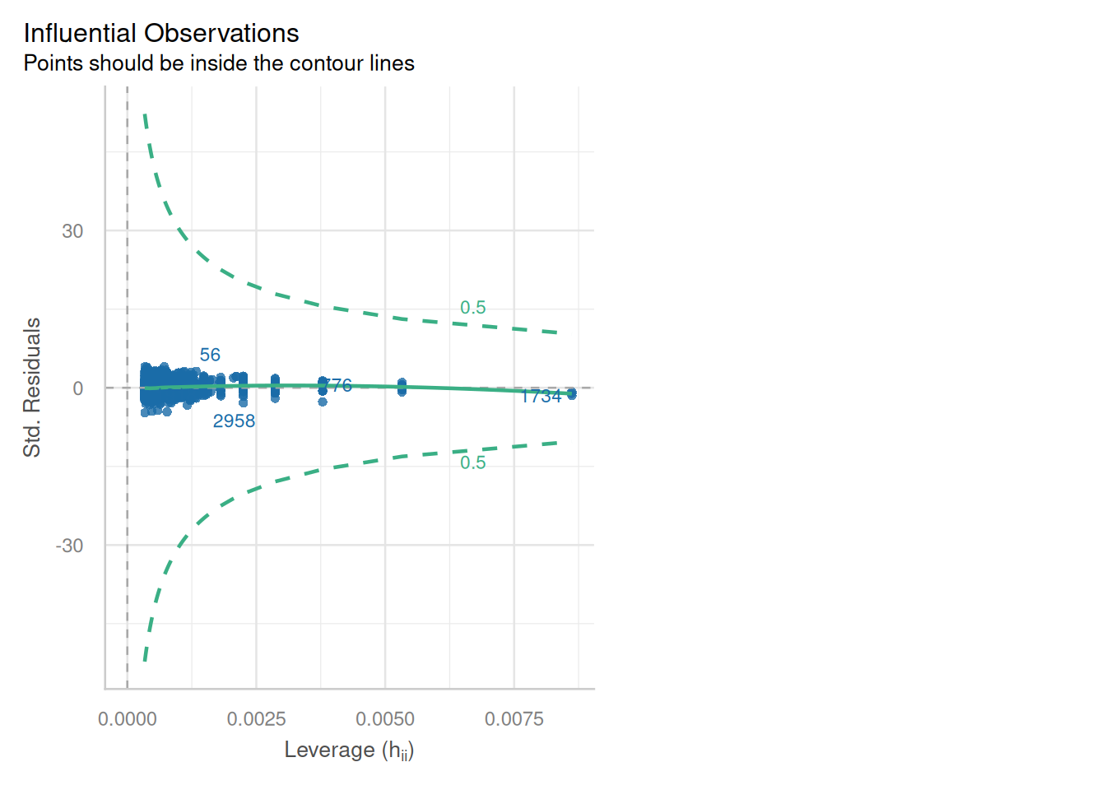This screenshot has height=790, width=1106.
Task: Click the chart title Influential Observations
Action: click(161, 34)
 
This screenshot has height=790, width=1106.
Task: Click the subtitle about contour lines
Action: click(219, 63)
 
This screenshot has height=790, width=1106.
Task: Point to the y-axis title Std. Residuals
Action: click(32, 388)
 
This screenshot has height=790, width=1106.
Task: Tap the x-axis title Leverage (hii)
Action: click(349, 750)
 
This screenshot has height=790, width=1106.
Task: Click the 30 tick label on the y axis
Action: click(72, 231)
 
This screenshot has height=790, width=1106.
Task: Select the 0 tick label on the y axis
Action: click(78, 388)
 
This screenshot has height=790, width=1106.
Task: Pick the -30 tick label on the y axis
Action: click(69, 546)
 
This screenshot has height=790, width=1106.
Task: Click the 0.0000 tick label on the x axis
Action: click(128, 719)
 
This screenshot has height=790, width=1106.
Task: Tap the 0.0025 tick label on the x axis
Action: click(256, 719)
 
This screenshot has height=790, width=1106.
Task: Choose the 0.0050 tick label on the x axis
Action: click(385, 719)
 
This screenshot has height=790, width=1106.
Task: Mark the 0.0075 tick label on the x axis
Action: click(514, 719)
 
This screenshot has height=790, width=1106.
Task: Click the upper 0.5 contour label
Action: click(473, 308)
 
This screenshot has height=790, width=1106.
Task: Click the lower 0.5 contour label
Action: click(473, 463)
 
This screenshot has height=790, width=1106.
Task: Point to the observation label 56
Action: click(210, 355)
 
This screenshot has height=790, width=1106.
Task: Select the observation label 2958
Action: click(234, 421)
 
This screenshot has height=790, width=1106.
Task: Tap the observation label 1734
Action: click(541, 397)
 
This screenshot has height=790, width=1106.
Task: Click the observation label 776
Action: click(338, 385)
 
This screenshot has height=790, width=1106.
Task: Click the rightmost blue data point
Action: click(572, 393)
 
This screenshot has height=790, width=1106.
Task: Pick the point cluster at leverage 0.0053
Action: click(402, 387)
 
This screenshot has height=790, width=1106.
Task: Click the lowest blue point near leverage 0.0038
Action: click(323, 402)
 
